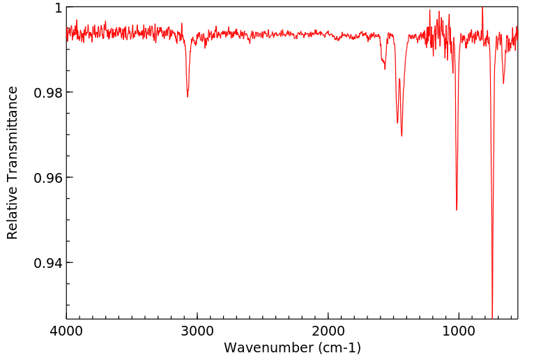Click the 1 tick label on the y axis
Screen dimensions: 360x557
[58, 8]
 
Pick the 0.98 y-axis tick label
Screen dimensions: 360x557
[49, 93]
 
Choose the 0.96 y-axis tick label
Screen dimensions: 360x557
[49, 178]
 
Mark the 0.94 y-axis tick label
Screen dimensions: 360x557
[49, 263]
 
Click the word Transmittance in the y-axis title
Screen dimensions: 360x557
[13, 134]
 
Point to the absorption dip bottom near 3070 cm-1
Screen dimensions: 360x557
[188, 96]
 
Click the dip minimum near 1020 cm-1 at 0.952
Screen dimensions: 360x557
[457, 209]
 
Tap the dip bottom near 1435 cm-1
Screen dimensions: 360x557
[402, 135]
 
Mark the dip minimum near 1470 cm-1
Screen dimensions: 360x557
[397, 123]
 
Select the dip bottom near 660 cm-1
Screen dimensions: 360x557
[503, 83]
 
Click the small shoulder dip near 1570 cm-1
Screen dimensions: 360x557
[384, 68]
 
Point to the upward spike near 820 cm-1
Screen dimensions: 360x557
[482, 8]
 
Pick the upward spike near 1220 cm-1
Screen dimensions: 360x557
[430, 10]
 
